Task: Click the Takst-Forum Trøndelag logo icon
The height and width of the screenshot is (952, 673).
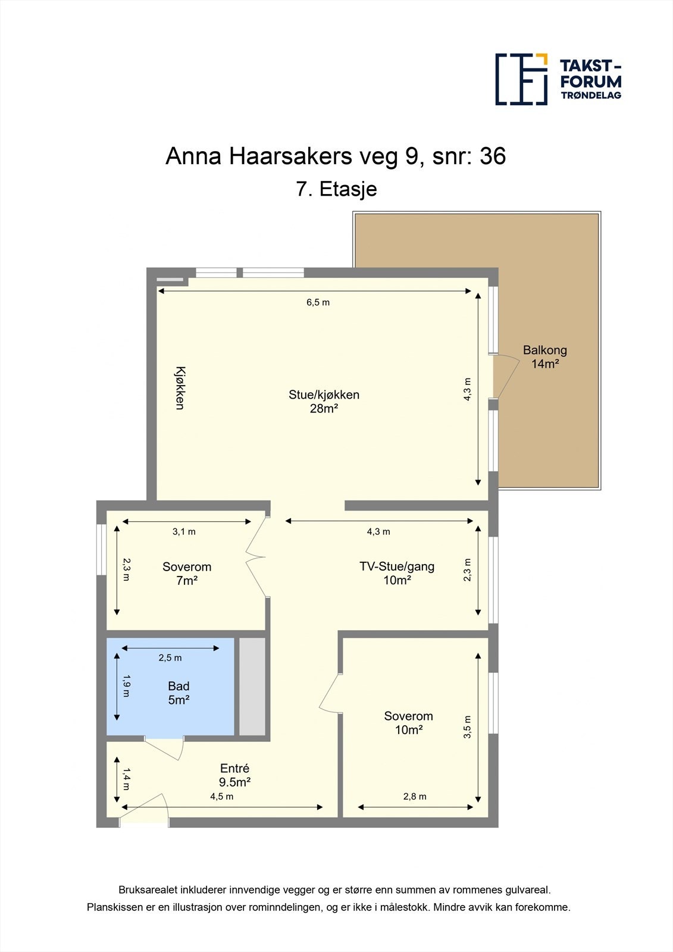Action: coord(521,79)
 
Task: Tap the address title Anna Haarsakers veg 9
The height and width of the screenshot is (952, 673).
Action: coord(336,156)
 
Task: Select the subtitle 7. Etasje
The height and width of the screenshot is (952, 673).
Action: coord(336,189)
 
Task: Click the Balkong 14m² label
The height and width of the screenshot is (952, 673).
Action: coord(544,357)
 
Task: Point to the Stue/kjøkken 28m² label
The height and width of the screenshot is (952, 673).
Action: coord(324,401)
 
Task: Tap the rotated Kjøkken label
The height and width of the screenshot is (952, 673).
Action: coord(180,387)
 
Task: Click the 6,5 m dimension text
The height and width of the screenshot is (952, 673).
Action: coord(318,302)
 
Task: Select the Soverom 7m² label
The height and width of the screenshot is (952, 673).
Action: coord(187,574)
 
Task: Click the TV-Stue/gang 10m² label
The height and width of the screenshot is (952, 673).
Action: coord(397,573)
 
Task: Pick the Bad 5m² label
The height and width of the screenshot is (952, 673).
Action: coord(179,693)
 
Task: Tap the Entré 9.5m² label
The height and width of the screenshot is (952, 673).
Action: coord(234,775)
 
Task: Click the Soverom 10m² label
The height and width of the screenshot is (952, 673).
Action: coord(408,723)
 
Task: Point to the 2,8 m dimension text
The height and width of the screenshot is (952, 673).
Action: coord(415,796)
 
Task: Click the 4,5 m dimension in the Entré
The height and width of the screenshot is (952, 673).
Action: coord(221,796)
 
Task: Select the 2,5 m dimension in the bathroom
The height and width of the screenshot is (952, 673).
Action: coord(170,657)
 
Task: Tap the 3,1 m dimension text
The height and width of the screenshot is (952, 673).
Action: coord(184,531)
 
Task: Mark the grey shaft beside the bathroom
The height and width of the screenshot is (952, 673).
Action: coord(252,686)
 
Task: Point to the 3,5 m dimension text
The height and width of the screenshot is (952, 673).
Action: coord(468,726)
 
